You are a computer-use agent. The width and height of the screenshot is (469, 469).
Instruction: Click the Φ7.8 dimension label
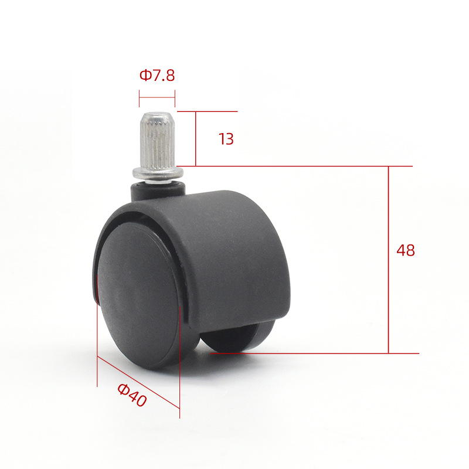[x=157, y=76]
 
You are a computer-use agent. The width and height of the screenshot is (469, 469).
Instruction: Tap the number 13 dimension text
[x=226, y=139]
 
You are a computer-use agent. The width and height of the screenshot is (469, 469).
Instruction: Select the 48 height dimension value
[x=405, y=250]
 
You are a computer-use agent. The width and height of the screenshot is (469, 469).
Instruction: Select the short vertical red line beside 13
[x=195, y=138]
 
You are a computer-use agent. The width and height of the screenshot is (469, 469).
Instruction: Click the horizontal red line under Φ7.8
[x=157, y=97]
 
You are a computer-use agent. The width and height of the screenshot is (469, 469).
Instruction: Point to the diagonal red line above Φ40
[x=138, y=381]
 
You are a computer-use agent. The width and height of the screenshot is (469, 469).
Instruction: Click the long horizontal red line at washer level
[x=293, y=166]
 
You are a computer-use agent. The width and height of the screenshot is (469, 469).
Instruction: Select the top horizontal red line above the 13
[x=208, y=111]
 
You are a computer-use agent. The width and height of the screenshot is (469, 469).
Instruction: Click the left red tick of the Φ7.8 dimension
[x=139, y=97]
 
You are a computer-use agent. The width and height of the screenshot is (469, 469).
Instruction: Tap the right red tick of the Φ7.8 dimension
[x=175, y=97]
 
